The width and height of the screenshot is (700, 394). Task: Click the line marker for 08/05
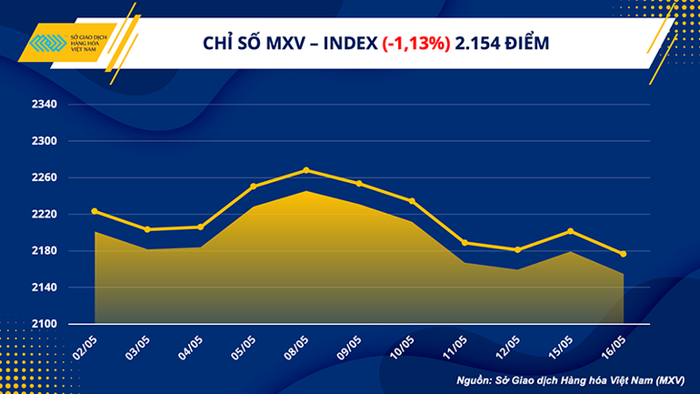[x=306, y=170]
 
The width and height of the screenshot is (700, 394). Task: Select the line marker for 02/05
[x=95, y=211]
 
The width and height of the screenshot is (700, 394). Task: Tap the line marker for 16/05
[x=623, y=254]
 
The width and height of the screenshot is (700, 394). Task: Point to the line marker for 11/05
[x=465, y=242]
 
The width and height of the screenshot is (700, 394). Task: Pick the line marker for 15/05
[x=570, y=231]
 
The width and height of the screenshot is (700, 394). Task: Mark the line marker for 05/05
[x=254, y=186]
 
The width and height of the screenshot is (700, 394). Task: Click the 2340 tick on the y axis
[x=45, y=106]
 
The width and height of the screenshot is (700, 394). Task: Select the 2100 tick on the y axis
[x=45, y=324]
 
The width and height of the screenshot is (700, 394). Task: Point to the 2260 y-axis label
[x=45, y=178]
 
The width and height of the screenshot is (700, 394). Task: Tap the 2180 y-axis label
[x=45, y=251]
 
